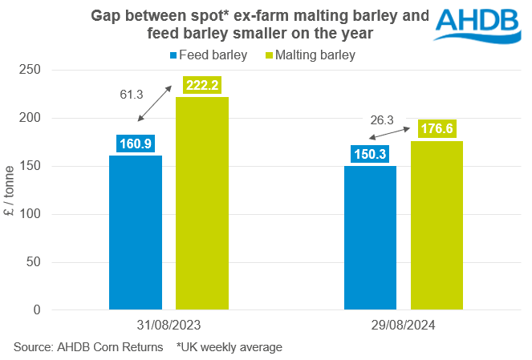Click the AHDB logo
click(x=478, y=26)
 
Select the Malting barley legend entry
click(x=310, y=55)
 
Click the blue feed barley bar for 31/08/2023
click(x=135, y=233)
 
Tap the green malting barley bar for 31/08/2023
click(x=202, y=204)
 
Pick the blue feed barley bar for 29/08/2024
click(x=370, y=238)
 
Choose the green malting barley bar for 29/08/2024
click(x=437, y=225)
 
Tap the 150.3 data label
click(x=370, y=154)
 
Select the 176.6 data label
click(x=437, y=128)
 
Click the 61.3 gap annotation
click(x=131, y=95)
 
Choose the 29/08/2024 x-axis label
click(x=404, y=327)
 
